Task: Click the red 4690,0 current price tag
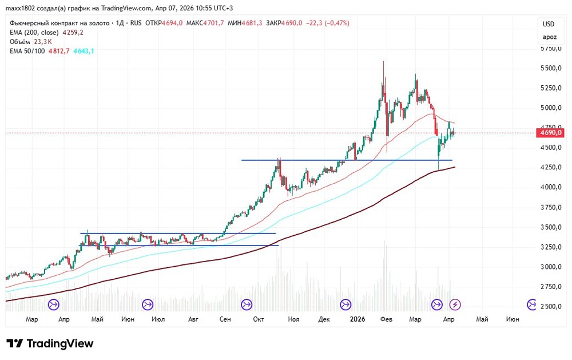[x=551, y=133]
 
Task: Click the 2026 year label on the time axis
[x=357, y=319]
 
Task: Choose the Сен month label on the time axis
[x=225, y=319]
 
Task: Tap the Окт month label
[x=259, y=319]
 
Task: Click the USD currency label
[x=549, y=24]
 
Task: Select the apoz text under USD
[x=549, y=37]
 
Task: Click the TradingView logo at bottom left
[x=50, y=343]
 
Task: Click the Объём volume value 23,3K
[x=43, y=42]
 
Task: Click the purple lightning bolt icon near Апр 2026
[x=455, y=304]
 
